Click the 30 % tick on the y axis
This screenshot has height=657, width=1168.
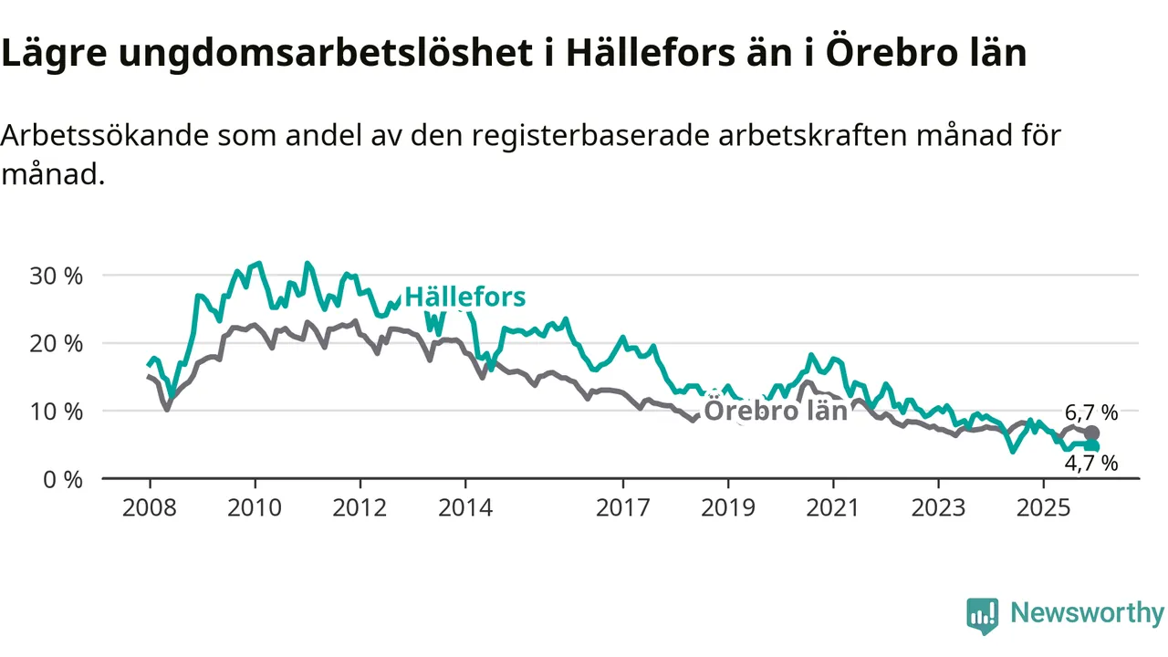[x=57, y=276]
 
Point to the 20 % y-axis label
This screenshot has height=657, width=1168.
[x=57, y=343]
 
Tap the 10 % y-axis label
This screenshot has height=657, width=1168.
[x=57, y=412]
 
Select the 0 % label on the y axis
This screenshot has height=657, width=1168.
[x=63, y=479]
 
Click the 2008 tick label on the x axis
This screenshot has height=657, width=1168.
[x=150, y=507]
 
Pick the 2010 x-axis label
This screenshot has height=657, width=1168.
[x=255, y=507]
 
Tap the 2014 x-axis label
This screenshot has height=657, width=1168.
[x=465, y=507]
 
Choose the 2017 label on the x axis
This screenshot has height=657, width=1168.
[x=623, y=507]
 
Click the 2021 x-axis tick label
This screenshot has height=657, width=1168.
[x=833, y=507]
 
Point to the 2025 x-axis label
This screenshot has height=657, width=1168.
[x=1044, y=507]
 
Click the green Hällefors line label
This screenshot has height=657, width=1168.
[x=465, y=297]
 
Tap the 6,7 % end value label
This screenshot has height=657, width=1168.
[x=1090, y=412]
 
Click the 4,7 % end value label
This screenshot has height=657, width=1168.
[x=1090, y=464]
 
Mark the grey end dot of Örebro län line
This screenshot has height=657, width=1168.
[x=1091, y=433]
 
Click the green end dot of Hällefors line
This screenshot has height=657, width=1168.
[x=1091, y=446]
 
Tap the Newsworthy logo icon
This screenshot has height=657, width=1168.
[x=982, y=616]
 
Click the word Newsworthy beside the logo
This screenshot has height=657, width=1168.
[x=1087, y=613]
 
